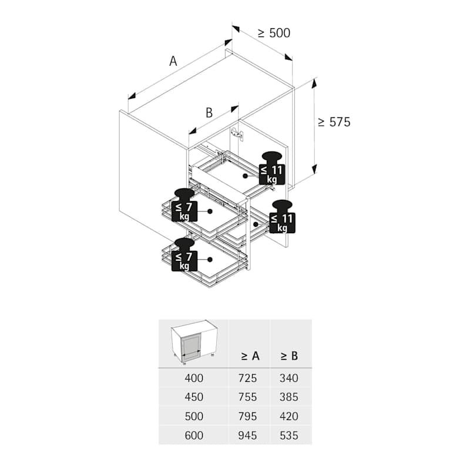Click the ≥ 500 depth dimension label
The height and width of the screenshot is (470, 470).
pyautogui.click(x=274, y=33)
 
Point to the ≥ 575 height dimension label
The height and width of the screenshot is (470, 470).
pyautogui.click(x=334, y=122)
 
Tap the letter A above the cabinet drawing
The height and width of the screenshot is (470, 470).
pyautogui.click(x=173, y=61)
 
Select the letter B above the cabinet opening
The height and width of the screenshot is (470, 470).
pyautogui.click(x=209, y=113)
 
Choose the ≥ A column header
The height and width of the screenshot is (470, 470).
pyautogui.click(x=250, y=355)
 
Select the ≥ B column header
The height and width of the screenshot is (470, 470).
pyautogui.click(x=288, y=355)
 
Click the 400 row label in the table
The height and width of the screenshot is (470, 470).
pyautogui.click(x=194, y=378)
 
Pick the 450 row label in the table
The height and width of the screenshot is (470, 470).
pyautogui.click(x=194, y=397)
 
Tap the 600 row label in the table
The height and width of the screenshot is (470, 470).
pyautogui.click(x=194, y=435)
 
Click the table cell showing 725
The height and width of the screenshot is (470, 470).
pyautogui.click(x=247, y=378)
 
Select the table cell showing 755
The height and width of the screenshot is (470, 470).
pyautogui.click(x=247, y=397)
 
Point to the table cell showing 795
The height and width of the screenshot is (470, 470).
pyautogui.click(x=247, y=417)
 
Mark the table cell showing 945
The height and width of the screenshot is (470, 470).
pyautogui.click(x=247, y=435)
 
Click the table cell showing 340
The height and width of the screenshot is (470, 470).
pyautogui.click(x=289, y=378)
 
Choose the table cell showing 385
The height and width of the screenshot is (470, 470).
pyautogui.click(x=289, y=397)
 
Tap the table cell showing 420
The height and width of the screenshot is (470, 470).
pyautogui.click(x=289, y=417)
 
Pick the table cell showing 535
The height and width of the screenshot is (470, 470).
pyautogui.click(x=289, y=435)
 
